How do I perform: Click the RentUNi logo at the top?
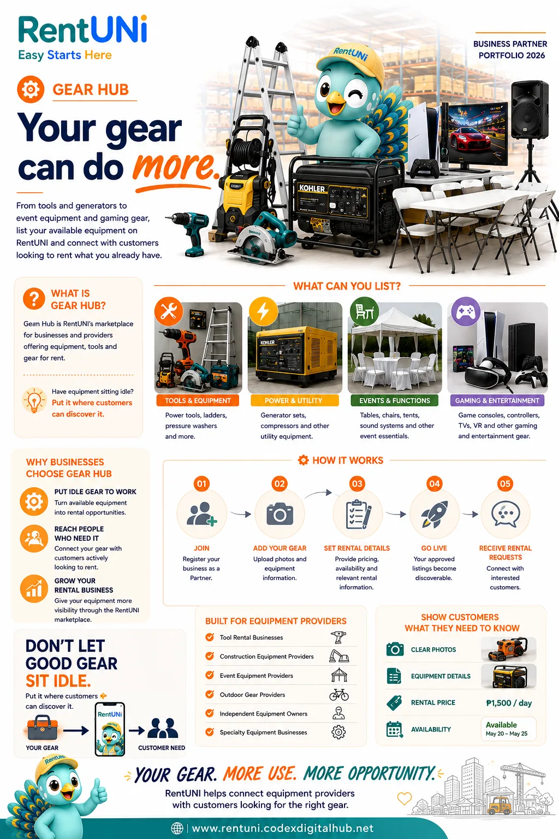tap(83, 29)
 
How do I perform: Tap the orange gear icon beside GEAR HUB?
tap(31, 90)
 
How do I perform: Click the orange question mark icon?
tap(34, 299)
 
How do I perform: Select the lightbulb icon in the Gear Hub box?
tap(34, 400)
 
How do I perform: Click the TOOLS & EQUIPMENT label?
tap(198, 400)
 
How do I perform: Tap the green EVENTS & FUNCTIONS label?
tap(395, 400)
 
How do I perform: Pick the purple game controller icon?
tap(466, 311)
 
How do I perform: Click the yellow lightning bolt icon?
tap(264, 311)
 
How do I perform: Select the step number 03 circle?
tap(357, 483)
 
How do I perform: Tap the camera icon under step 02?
tap(279, 514)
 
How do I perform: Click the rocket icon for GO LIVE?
tap(435, 514)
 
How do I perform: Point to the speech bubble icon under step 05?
tap(506, 513)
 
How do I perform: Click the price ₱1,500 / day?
tap(509, 703)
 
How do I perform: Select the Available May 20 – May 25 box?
tap(508, 729)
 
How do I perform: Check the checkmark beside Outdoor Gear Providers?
tap(210, 694)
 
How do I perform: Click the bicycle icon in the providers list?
tap(339, 695)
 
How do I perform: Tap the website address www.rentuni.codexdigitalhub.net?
tap(283, 828)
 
